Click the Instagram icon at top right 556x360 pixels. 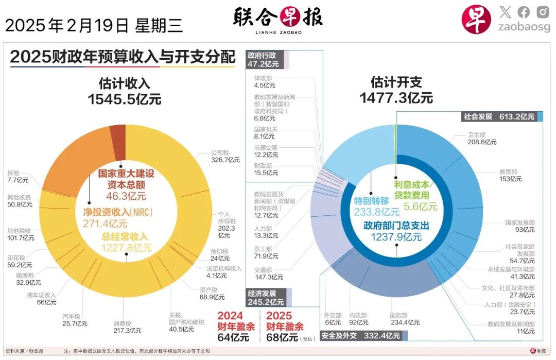[x=543, y=12]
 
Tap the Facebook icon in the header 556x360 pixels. [x=524, y=12]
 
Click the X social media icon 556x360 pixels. [x=505, y=12]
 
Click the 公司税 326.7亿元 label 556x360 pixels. [x=225, y=157]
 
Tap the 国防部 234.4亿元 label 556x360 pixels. [x=404, y=319]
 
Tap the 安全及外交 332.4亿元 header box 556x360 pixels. [x=360, y=336]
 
